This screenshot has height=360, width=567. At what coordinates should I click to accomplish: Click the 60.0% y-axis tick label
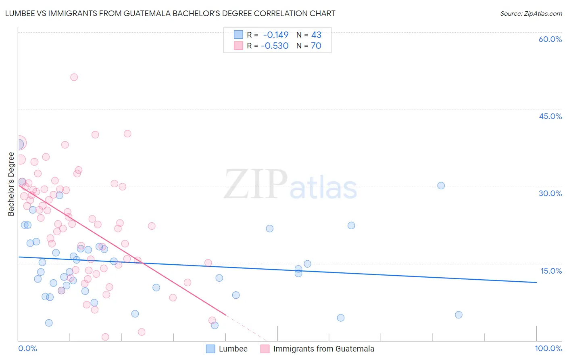550,39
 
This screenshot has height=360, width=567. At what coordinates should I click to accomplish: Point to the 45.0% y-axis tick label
550,116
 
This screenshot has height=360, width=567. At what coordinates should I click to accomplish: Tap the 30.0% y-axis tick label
550,193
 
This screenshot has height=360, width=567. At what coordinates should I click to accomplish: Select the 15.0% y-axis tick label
551,271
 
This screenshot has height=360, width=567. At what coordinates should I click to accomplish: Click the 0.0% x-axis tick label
27,348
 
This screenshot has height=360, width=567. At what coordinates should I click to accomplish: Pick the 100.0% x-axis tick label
548,348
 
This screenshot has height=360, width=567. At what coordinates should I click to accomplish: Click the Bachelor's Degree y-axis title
11,184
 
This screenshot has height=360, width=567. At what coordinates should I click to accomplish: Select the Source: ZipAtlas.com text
531,13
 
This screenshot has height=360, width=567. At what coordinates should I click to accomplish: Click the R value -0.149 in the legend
275,35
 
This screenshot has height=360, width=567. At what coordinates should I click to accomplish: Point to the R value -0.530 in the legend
275,46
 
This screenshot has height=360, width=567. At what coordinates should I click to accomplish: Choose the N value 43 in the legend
316,35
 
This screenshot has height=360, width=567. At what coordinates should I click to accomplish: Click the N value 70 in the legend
316,46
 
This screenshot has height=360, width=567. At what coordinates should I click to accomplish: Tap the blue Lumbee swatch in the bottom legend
211,349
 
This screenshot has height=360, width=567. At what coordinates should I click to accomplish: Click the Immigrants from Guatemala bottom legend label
323,349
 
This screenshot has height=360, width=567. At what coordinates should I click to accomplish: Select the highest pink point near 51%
74,77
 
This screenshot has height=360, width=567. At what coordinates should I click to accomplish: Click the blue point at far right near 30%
441,186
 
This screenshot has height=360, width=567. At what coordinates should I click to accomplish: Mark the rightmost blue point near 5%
459,315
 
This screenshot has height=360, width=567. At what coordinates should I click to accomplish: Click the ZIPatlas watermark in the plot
290,185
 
